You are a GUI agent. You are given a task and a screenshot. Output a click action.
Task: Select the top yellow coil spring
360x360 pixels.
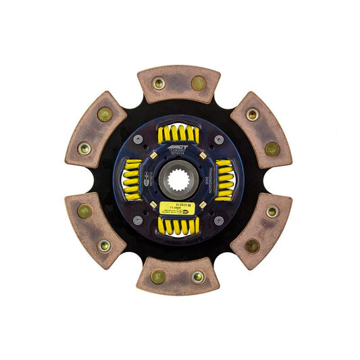[178, 134]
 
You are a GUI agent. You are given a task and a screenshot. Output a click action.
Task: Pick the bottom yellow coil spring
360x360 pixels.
[178, 226]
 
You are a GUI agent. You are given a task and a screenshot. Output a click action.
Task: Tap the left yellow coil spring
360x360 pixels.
[132, 180]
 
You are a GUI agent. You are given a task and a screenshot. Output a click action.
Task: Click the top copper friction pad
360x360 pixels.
[178, 83]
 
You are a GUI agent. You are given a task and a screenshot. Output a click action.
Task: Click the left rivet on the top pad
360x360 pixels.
[159, 83]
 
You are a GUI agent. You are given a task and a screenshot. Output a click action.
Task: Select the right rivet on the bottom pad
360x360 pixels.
[198, 276]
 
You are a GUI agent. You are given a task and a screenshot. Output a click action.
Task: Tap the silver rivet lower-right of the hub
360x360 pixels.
[219, 220]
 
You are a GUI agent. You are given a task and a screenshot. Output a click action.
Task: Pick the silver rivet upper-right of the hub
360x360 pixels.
[219, 139]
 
